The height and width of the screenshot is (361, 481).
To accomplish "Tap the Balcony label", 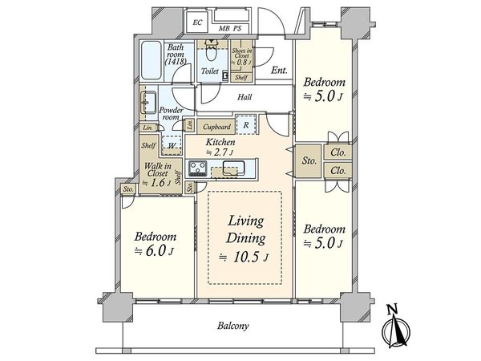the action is click(232, 326).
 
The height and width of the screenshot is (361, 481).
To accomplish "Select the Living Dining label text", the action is click(246, 229).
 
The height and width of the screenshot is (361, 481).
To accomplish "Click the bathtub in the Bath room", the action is click(151, 60).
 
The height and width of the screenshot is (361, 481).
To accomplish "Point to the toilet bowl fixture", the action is click(210, 51).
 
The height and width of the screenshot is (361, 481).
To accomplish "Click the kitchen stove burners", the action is click(197, 168).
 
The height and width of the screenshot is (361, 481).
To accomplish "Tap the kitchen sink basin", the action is click(233, 168).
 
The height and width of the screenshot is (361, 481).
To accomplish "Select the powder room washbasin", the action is click(148, 103).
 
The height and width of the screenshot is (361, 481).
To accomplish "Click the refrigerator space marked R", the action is click(246, 125).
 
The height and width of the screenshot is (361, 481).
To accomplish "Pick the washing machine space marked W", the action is click(172, 145).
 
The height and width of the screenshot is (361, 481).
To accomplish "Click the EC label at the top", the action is click(197, 22).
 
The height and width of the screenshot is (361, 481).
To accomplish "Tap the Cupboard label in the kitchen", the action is click(216, 127).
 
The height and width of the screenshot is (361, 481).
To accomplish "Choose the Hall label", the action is click(245, 97).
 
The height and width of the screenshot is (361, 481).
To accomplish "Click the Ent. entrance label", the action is click(279, 71).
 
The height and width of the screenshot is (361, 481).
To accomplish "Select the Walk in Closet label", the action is click(158, 170).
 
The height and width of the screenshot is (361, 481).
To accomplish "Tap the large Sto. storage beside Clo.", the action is click(309, 160).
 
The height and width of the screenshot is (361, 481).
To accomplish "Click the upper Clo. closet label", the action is click(338, 152).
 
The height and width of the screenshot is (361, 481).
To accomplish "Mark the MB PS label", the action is click(230, 29).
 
